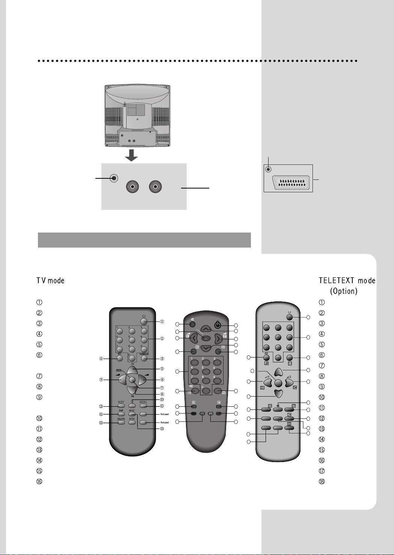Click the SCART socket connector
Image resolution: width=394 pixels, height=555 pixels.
pos(291,183)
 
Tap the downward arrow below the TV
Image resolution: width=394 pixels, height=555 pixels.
pos(131,155)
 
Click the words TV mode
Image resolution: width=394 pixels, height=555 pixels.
pos(50,281)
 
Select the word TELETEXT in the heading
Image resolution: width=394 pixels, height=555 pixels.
pos(337,280)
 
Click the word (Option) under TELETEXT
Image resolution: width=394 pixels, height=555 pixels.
pos(343,291)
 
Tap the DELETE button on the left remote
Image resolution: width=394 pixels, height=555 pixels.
pos(121,423)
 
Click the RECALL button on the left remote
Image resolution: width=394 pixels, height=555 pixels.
pos(143,406)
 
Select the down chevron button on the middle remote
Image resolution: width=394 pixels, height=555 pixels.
pos(205,347)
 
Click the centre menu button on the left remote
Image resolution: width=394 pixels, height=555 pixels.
pos(132,380)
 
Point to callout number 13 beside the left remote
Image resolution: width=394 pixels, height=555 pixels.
pos(162,429)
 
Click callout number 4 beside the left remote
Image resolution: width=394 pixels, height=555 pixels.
pos(101,359)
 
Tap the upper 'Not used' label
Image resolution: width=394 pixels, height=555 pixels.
pos(165,414)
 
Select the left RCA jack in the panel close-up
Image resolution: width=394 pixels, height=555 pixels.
pos(133,187)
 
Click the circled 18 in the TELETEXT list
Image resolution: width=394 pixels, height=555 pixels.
pos(322,481)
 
